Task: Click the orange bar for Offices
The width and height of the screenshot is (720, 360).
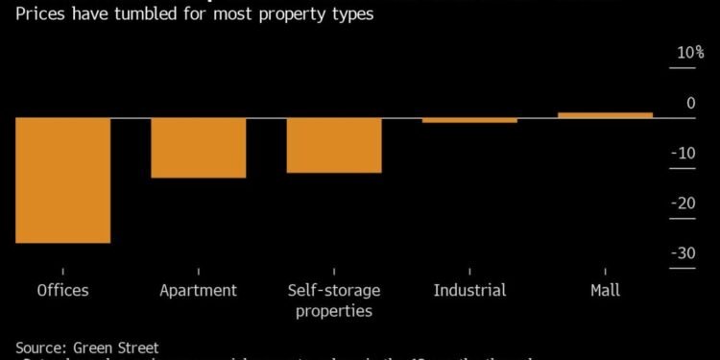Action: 62,180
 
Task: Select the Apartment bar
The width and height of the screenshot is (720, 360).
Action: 198,148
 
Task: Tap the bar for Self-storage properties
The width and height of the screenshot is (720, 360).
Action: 333,145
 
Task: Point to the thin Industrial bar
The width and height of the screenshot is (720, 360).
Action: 469,120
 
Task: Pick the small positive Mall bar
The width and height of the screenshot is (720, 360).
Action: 605,115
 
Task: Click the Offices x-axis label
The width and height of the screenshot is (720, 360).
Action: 62,291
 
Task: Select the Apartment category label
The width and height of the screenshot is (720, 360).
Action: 198,291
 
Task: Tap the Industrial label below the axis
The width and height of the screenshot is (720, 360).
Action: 469,291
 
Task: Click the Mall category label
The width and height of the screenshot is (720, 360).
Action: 605,291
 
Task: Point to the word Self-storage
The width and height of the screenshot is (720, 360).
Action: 333,291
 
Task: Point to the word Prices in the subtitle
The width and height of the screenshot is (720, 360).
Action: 30,14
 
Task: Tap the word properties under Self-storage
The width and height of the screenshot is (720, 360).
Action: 333,311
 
